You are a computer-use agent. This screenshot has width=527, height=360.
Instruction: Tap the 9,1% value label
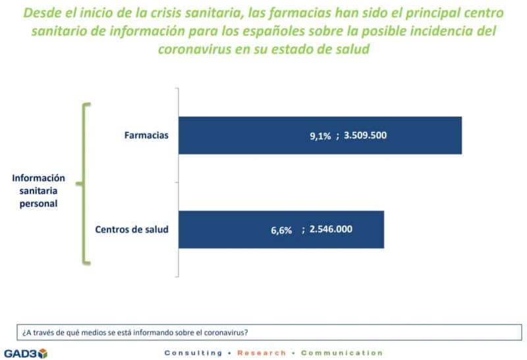click(321, 136)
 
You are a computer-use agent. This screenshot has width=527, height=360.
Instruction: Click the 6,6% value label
click(281, 230)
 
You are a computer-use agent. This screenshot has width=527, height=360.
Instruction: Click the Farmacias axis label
click(147, 136)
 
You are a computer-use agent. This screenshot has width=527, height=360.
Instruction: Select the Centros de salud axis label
click(132, 230)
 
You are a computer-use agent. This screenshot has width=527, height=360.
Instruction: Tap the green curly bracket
click(83, 184)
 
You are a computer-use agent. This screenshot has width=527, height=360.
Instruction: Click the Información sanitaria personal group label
click(38, 190)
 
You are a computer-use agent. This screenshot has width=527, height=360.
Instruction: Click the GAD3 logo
click(25, 353)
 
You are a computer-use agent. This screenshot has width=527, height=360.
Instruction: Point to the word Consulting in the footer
click(193, 353)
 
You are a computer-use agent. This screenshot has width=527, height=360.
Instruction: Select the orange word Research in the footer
click(262, 353)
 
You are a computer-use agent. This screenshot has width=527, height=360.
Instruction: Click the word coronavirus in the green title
click(195, 49)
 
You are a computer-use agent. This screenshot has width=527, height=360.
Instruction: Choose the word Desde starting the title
click(42, 13)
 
